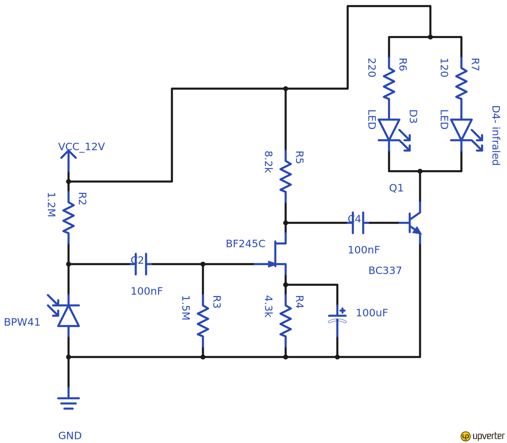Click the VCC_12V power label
point(81,147)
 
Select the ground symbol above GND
point(69,403)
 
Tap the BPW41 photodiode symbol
point(68,316)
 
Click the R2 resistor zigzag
point(69,218)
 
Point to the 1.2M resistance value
point(51,205)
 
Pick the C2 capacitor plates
point(141,264)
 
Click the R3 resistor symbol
point(203,321)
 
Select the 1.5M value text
point(185,308)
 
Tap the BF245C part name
point(245,244)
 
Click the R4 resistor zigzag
point(285,321)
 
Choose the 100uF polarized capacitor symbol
point(337,318)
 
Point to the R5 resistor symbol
point(285,177)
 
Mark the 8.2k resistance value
point(268,162)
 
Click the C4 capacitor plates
point(358,223)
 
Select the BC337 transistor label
point(385,271)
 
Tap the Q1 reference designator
point(396,188)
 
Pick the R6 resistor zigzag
point(389,84)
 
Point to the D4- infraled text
point(495,135)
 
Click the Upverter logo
point(483,436)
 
